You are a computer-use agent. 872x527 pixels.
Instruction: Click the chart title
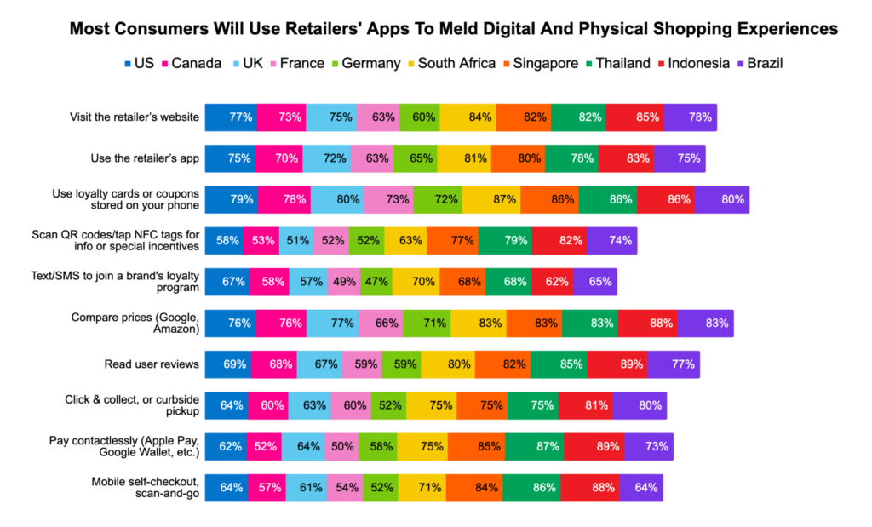click(x=453, y=29)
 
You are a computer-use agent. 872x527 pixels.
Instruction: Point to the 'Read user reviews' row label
click(x=152, y=364)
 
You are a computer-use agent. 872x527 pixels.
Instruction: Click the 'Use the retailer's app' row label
click(x=145, y=158)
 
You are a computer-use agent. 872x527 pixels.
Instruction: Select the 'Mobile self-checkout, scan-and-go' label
click(x=146, y=488)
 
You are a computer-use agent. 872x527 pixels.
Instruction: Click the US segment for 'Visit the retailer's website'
click(x=231, y=117)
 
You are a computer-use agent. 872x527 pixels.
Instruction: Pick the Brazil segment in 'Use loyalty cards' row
click(x=721, y=199)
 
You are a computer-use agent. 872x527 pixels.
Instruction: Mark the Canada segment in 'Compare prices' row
click(x=280, y=323)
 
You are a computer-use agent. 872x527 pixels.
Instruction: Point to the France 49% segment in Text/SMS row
click(x=343, y=282)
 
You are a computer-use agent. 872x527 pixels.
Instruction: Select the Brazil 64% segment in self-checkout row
click(x=640, y=488)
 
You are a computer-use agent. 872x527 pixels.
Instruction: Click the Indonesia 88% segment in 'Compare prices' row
click(x=647, y=323)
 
